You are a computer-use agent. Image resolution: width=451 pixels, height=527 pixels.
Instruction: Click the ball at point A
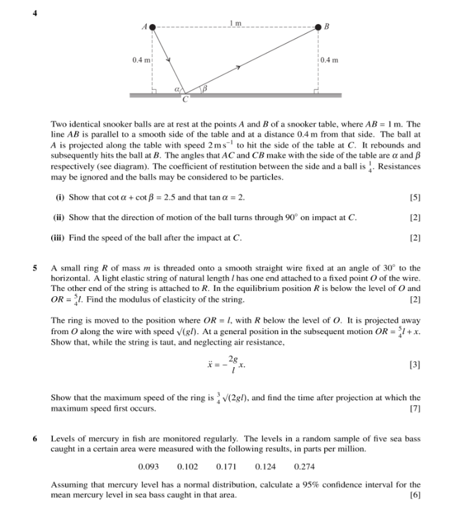[x=153, y=27]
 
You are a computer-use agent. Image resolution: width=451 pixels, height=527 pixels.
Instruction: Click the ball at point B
[x=318, y=27]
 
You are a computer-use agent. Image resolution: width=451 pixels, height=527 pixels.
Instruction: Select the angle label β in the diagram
[x=204, y=89]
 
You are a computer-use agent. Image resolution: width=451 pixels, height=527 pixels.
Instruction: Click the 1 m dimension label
[x=235, y=23]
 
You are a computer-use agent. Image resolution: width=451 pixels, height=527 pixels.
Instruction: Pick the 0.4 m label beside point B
[x=330, y=59]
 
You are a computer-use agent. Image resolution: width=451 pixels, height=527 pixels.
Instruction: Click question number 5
[x=35, y=268]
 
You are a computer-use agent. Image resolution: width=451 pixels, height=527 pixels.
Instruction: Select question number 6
[x=35, y=439]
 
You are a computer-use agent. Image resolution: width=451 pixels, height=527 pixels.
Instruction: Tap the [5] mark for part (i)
[x=414, y=198]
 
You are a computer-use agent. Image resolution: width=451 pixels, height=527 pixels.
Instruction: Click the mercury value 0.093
[x=149, y=466]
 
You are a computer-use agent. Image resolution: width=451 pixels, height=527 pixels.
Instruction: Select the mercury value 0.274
[x=305, y=466]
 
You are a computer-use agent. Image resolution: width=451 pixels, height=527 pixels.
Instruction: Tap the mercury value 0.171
[x=227, y=466]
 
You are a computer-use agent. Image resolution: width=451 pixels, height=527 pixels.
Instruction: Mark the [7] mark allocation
[x=414, y=409]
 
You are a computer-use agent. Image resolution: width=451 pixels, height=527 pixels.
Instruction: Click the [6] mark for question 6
[x=414, y=495]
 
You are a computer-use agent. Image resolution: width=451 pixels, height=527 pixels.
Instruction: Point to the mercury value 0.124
[x=266, y=466]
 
